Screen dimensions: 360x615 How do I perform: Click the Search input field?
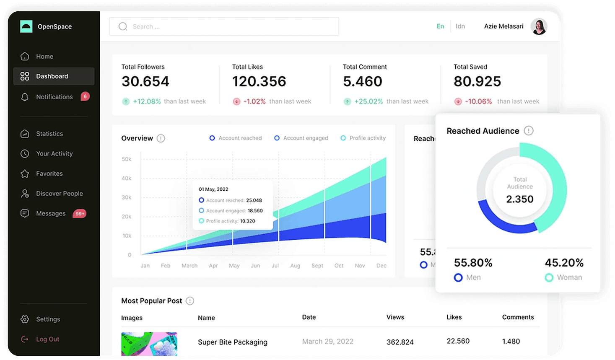[x=224, y=26]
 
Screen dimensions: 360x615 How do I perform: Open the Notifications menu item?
[x=54, y=97]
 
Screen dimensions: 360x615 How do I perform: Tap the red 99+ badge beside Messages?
[x=80, y=214]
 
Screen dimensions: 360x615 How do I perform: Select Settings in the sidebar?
[x=48, y=319]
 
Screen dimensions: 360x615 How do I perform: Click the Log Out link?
[x=47, y=339]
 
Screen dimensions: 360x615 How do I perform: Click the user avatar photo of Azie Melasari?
[x=539, y=26]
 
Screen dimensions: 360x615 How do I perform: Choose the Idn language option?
[x=460, y=26]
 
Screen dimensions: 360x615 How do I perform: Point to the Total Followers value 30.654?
[x=145, y=81]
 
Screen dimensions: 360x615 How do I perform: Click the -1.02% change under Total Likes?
[x=254, y=101]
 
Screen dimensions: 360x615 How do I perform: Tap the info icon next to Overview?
[x=161, y=138]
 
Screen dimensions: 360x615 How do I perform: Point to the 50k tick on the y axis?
[x=126, y=159]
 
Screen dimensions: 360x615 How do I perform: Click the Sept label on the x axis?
[x=317, y=266]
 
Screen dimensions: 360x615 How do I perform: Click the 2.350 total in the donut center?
[x=520, y=199]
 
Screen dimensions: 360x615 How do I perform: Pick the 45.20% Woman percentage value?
[x=564, y=263]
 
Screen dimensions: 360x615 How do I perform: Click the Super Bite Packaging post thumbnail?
[x=149, y=344]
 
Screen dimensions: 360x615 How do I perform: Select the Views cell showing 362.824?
[x=400, y=342]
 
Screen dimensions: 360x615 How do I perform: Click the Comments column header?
[x=518, y=317]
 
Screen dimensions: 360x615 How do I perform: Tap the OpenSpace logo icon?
[x=26, y=26]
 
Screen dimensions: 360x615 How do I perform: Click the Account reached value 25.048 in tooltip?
[x=254, y=200]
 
